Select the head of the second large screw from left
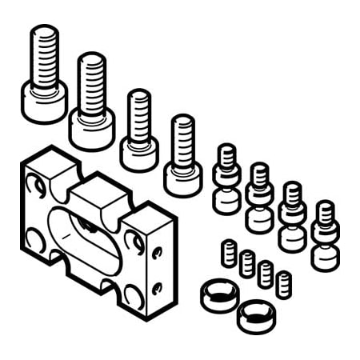tap(91, 128)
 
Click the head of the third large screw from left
tap(139, 154)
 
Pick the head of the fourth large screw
tap(183, 178)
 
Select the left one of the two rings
tap(218, 296)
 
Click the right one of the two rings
tap(256, 315)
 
